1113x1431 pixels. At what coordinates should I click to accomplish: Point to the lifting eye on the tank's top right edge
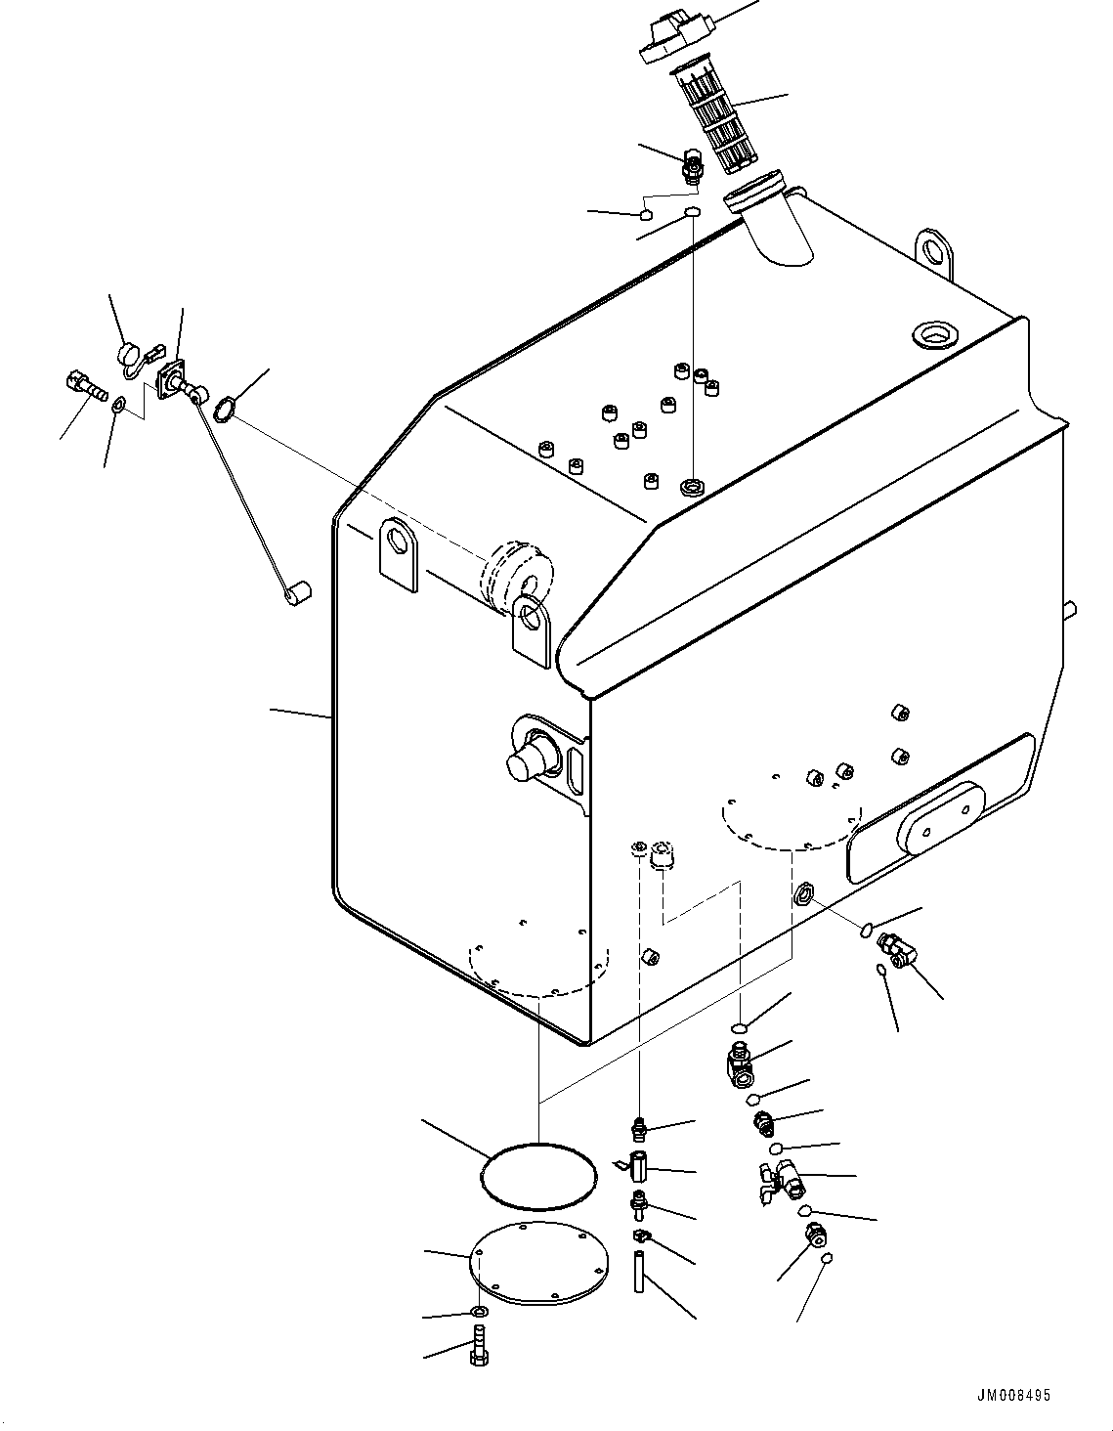[934, 248]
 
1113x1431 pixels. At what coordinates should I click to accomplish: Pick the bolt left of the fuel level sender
[85, 385]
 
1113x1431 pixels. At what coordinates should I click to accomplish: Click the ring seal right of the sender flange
[224, 409]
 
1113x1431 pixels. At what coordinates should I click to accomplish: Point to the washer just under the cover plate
[479, 1311]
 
